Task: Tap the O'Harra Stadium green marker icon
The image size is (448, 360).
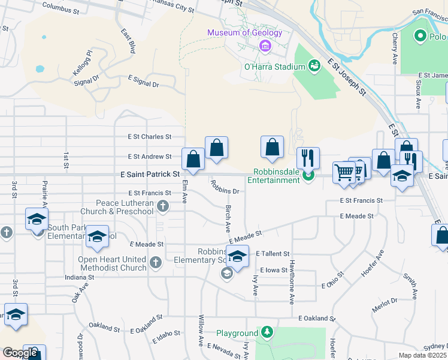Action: coord(313,65)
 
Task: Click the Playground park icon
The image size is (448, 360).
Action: coord(266,332)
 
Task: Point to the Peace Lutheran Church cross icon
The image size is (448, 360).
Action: coord(162,206)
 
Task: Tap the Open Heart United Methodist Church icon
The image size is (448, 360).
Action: coord(155,262)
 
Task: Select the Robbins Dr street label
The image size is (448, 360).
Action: coord(225,188)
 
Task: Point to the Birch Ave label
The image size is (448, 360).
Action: coord(228,219)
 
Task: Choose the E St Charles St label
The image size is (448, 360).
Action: coord(147,137)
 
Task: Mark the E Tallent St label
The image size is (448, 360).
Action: coord(273,254)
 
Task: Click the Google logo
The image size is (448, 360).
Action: coord(20,353)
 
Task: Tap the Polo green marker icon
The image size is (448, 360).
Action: coord(420,37)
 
